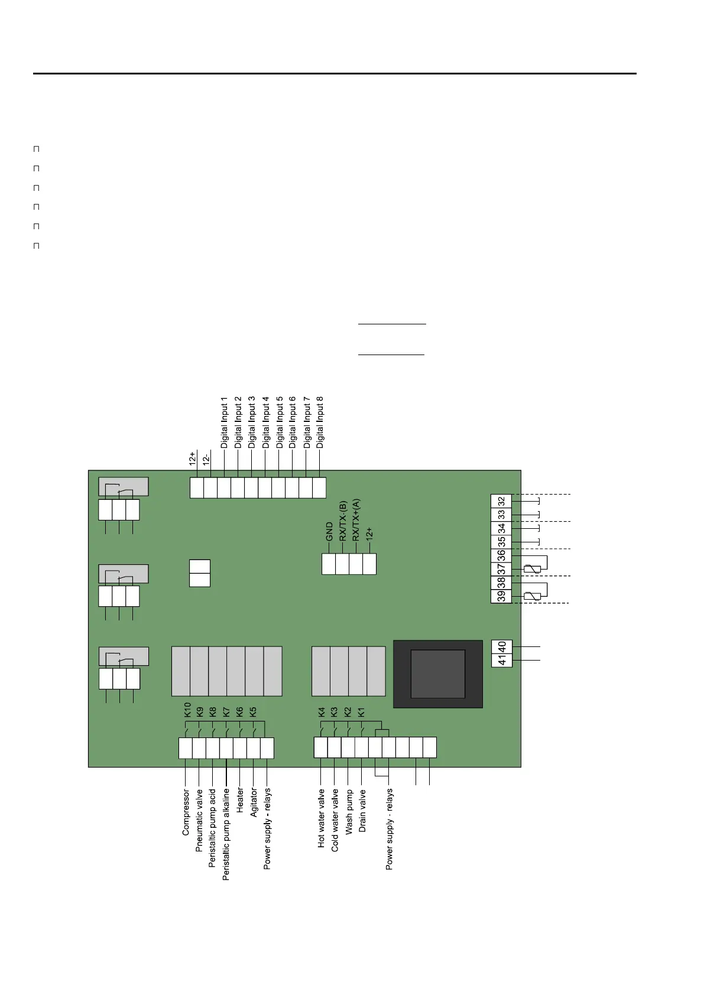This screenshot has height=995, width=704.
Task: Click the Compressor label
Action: click(x=186, y=812)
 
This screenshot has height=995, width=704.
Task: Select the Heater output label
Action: click(x=240, y=800)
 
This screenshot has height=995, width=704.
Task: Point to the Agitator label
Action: click(x=254, y=802)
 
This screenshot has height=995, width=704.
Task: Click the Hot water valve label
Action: click(x=321, y=818)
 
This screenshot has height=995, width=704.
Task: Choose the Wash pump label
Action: click(x=349, y=812)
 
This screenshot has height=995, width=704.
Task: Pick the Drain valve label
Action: click(x=362, y=811)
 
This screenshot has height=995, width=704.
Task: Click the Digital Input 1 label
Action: click(x=224, y=422)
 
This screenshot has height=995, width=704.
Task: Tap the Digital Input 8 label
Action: click(x=320, y=422)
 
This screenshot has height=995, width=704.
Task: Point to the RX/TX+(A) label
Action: click(x=356, y=520)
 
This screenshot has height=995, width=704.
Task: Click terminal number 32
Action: click(x=501, y=501)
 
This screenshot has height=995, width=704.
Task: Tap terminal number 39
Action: click(x=501, y=596)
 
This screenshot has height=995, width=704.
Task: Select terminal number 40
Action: click(x=502, y=646)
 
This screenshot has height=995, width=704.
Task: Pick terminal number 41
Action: click(x=502, y=660)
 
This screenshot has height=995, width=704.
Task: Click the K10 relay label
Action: click(x=187, y=709)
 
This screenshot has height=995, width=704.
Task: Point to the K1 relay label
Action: click(x=362, y=712)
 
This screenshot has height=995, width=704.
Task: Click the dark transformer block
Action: click(x=438, y=674)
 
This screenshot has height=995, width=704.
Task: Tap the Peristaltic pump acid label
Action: click(x=213, y=827)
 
